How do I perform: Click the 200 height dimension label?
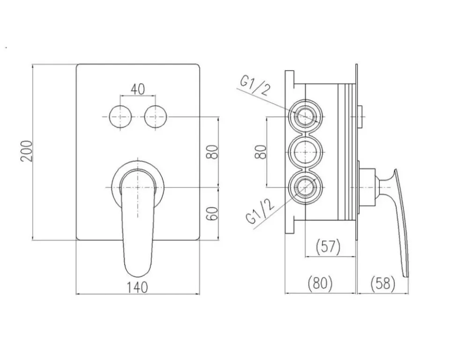click(26, 151)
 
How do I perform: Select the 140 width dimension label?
click(137, 287)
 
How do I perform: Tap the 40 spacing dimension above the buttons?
click(138, 90)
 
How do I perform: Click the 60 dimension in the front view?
click(212, 213)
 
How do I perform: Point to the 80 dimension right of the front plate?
click(212, 152)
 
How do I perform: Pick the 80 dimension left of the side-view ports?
click(261, 152)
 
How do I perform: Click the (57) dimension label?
click(328, 247)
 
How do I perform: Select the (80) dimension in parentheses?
click(320, 283)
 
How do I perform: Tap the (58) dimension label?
click(383, 283)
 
